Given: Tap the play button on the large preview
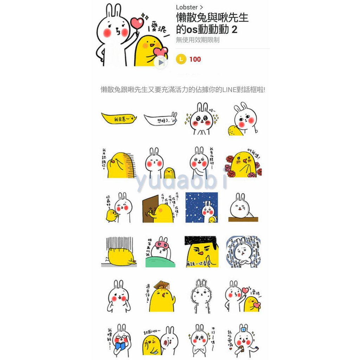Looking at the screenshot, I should tap(161, 63).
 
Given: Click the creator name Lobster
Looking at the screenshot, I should tap(187, 7).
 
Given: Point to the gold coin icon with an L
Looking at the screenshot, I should tap(181, 59).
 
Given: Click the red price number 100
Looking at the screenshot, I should tap(195, 59).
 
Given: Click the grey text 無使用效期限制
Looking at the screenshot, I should tap(198, 40).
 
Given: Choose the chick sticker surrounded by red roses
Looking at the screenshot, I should tap(244, 164).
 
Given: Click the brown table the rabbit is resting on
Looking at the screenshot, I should tap(243, 219).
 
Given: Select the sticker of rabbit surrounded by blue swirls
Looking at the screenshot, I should tap(243, 252).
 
